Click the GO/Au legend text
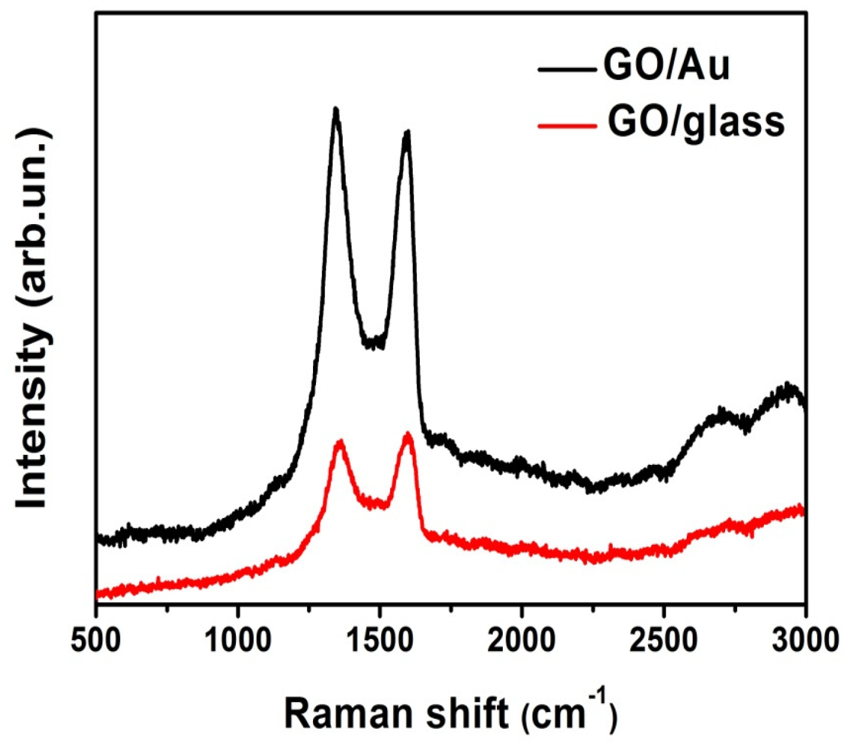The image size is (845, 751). coord(666,67)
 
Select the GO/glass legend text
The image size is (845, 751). coord(696,123)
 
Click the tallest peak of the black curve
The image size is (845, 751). coord(335,110)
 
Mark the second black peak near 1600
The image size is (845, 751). coord(407,133)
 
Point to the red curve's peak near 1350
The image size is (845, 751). coord(339,443)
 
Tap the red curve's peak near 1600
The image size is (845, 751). coord(408,435)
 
